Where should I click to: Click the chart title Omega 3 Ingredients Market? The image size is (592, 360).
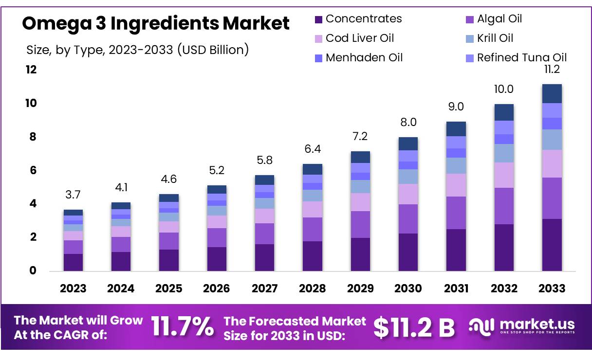click(156, 23)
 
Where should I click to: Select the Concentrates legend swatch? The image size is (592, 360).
click(318, 19)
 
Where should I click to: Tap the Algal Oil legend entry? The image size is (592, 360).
click(499, 19)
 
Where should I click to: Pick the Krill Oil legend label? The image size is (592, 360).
click(495, 38)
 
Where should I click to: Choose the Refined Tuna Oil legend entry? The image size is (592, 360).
click(521, 58)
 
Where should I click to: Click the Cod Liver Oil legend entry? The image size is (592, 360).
click(359, 38)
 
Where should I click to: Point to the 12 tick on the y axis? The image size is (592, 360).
click(31, 70)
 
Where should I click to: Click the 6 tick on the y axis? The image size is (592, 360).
click(33, 170)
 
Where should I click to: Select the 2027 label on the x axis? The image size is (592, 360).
click(264, 288)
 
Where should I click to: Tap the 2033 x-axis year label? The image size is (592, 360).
click(552, 288)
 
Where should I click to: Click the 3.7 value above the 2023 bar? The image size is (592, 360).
click(73, 195)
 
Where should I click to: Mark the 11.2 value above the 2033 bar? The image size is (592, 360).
click(552, 70)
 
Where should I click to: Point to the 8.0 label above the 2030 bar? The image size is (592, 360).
click(408, 122)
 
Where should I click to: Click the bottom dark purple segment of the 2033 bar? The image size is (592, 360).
click(552, 245)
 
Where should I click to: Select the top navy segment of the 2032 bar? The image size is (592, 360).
click(504, 112)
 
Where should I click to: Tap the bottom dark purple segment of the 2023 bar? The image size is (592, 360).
click(73, 262)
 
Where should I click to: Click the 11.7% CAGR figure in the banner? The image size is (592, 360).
click(182, 327)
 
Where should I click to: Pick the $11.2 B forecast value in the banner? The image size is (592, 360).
click(414, 327)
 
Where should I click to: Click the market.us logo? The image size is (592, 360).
click(522, 326)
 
